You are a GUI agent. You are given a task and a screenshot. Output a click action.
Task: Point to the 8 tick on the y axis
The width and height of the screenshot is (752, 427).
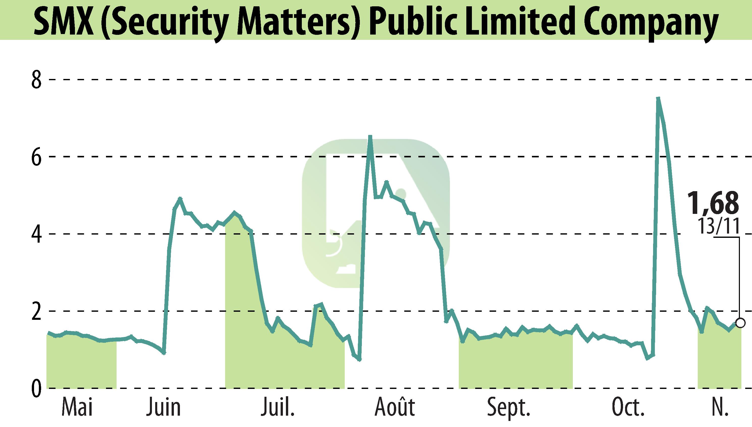(x=36, y=79)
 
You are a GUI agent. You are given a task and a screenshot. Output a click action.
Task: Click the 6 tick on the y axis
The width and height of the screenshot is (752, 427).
(x=36, y=157)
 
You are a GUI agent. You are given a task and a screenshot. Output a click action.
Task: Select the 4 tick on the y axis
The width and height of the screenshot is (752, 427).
(x=36, y=234)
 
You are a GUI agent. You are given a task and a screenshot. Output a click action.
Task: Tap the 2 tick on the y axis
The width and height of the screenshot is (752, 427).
(x=36, y=311)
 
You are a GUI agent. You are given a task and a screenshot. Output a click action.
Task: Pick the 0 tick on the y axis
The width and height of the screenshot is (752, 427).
(x=36, y=389)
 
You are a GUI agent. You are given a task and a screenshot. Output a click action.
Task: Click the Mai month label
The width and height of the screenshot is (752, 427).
(x=77, y=407)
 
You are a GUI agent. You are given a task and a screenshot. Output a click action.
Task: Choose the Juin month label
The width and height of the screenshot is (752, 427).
(x=164, y=407)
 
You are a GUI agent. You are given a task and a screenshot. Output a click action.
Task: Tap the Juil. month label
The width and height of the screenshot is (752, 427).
(x=278, y=407)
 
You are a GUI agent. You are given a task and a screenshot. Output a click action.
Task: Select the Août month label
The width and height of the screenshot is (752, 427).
(x=395, y=407)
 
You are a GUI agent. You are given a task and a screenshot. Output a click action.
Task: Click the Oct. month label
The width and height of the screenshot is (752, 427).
(x=628, y=407)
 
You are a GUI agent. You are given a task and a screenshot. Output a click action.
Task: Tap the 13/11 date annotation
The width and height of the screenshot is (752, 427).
(x=718, y=226)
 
